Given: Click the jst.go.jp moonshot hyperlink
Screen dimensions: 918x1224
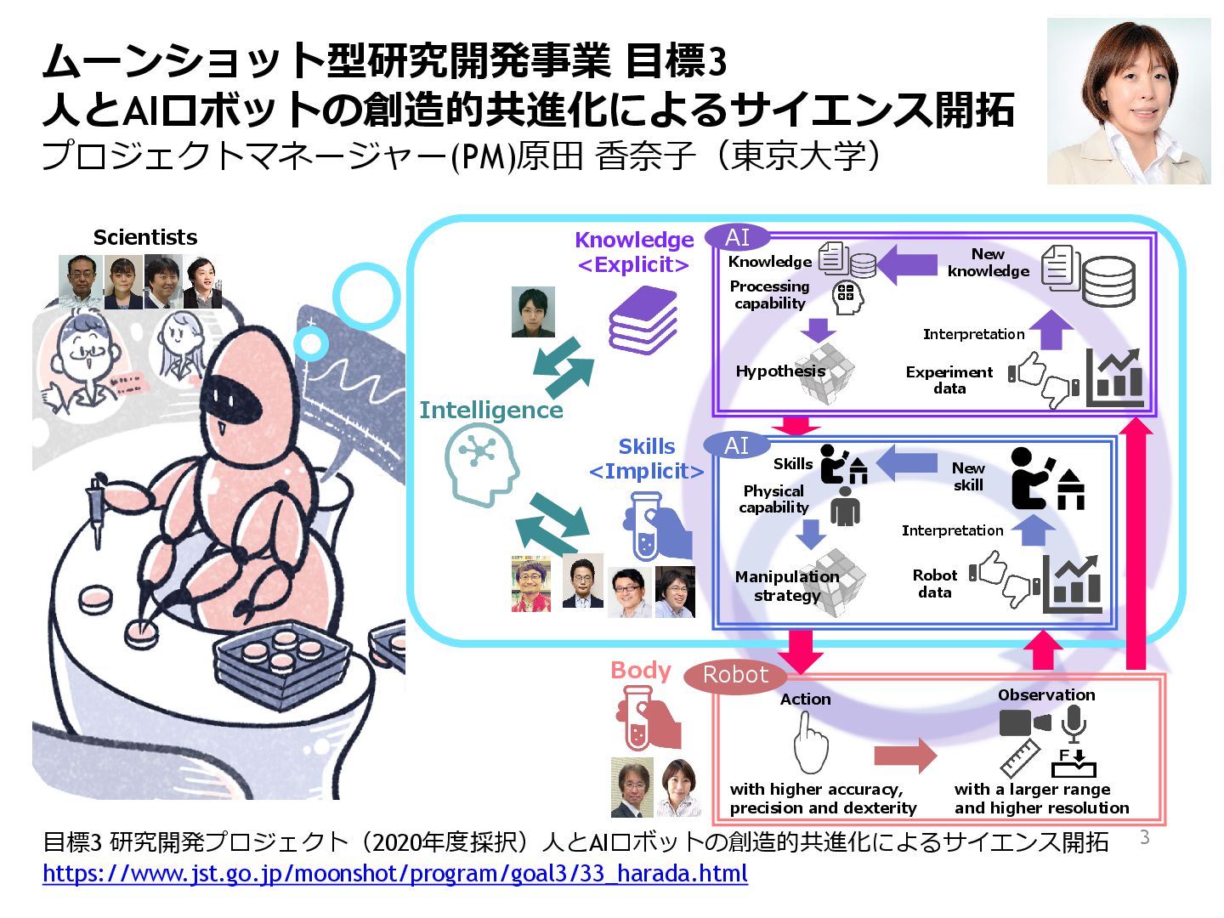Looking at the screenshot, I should (395, 873).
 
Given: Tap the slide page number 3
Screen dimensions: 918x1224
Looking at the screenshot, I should (1144, 837).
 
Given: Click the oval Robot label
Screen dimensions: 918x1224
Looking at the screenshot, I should (735, 675).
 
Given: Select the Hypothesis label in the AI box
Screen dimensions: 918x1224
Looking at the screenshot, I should (780, 371).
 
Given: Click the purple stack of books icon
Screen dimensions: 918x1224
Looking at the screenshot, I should (643, 320).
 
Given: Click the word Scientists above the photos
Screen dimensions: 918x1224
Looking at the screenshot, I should (145, 237).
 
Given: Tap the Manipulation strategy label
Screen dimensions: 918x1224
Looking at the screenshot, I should (786, 586).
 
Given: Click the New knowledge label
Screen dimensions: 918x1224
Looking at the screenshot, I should (988, 263).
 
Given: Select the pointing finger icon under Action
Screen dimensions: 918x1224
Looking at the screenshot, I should (809, 743).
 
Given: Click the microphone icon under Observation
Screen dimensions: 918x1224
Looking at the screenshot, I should (1074, 724).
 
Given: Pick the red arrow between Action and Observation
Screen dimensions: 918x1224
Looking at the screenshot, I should (904, 756).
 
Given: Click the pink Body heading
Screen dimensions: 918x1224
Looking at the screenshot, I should (641, 671).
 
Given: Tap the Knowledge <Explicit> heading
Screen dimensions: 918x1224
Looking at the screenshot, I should (634, 252).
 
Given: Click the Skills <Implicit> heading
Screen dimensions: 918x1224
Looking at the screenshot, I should (647, 459).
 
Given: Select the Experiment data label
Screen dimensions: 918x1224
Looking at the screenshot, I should (949, 380).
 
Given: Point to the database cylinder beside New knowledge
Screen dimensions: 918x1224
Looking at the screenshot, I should (1108, 281).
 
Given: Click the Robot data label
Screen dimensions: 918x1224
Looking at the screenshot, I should (935, 584).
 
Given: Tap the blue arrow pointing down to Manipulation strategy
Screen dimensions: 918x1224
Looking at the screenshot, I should (811, 533).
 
